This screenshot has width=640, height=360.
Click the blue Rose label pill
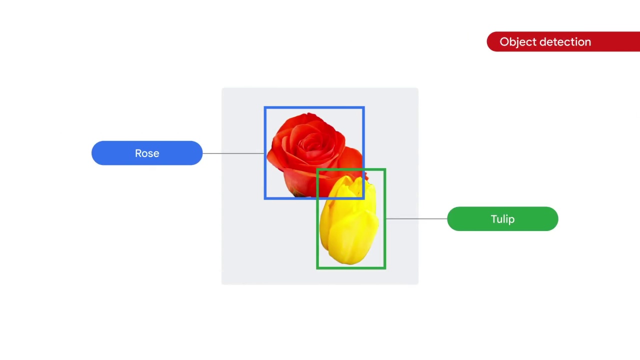click(147, 153)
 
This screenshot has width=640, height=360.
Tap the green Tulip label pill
click(502, 219)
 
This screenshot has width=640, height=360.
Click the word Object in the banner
click(515, 42)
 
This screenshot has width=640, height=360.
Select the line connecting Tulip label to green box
click(416, 219)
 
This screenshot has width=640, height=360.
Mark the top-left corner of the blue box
click(265, 107)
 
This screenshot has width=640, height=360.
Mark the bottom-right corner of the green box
click(385, 268)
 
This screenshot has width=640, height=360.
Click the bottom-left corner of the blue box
click(265, 198)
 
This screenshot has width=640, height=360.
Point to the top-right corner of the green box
click(385, 170)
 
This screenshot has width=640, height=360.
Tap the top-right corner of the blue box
click(363, 107)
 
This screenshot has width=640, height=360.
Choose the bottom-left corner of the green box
click(317, 268)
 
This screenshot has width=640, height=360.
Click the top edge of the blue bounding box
click(314, 107)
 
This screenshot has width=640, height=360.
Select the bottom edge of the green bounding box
click(351, 268)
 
